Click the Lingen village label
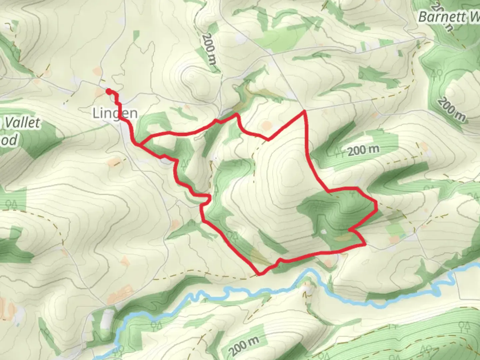(115, 113)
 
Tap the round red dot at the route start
(108, 91)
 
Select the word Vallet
(23, 123)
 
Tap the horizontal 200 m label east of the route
(363, 150)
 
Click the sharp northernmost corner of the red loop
(304, 111)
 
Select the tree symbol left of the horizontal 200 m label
(339, 152)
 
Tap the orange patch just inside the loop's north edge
(267, 126)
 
